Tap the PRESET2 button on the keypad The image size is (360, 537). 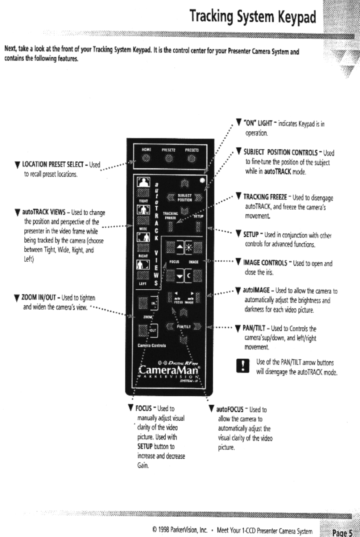click(x=169, y=158)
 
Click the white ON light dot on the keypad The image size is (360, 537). click(x=202, y=180)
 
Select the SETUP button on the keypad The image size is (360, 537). click(x=198, y=227)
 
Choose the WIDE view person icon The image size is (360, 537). click(x=143, y=210)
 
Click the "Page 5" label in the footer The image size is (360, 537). click(x=342, y=533)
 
